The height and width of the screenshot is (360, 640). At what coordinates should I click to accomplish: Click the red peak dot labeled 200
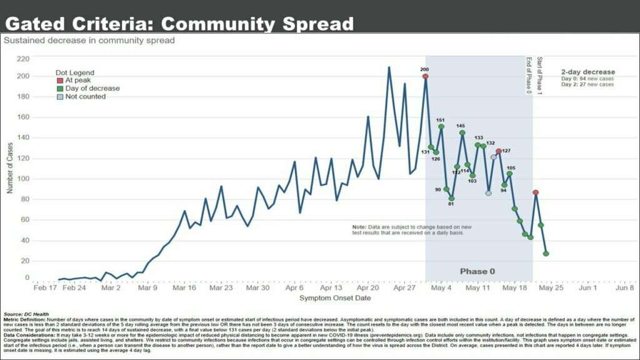point(425,76)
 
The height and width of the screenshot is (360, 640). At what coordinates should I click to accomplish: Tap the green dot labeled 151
point(441,127)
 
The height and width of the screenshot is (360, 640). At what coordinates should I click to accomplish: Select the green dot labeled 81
point(451,199)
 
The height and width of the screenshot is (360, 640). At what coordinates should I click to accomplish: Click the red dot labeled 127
point(499,151)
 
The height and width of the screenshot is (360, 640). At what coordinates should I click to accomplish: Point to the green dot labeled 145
point(462,132)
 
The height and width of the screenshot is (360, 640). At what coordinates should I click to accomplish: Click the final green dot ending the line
point(546,254)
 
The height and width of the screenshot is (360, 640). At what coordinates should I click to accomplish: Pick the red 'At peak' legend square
point(60,81)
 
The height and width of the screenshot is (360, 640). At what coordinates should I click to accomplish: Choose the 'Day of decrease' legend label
point(92,89)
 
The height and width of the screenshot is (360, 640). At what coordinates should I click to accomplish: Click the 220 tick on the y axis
point(23,59)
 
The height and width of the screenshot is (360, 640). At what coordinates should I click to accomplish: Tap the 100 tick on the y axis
point(23,179)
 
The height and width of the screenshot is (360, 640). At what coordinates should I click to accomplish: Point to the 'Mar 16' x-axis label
point(184,288)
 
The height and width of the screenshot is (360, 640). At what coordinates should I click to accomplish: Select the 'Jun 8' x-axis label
point(624,288)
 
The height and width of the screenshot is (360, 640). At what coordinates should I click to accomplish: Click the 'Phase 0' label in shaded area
point(477,271)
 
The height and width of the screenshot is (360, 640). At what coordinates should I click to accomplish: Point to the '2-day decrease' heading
point(587,72)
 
